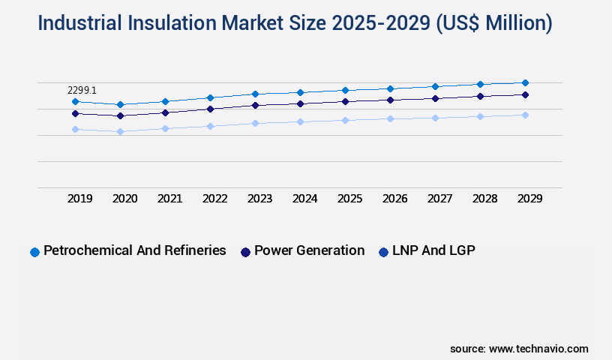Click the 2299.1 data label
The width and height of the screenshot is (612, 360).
83,90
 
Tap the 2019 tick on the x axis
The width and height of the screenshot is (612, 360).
80,199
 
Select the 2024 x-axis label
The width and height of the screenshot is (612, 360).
305,199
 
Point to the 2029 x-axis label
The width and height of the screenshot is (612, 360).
530,199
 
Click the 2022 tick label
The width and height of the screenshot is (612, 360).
215,199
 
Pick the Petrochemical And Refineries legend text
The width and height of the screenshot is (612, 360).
135,251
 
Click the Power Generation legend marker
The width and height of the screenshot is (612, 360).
245,252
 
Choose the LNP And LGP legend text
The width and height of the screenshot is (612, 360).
433,251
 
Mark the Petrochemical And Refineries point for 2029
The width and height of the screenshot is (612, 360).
525,82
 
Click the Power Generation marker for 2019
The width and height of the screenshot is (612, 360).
75,113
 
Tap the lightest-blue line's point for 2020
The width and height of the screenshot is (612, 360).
120,131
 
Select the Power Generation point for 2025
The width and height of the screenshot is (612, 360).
345,101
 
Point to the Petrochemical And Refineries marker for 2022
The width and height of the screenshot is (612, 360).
210,97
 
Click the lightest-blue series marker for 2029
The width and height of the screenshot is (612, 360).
525,115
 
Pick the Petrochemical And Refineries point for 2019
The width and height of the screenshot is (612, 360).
75,101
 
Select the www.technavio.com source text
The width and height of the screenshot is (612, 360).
538,349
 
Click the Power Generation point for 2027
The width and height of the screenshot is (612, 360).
435,98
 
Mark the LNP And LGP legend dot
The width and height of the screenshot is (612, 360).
383,252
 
